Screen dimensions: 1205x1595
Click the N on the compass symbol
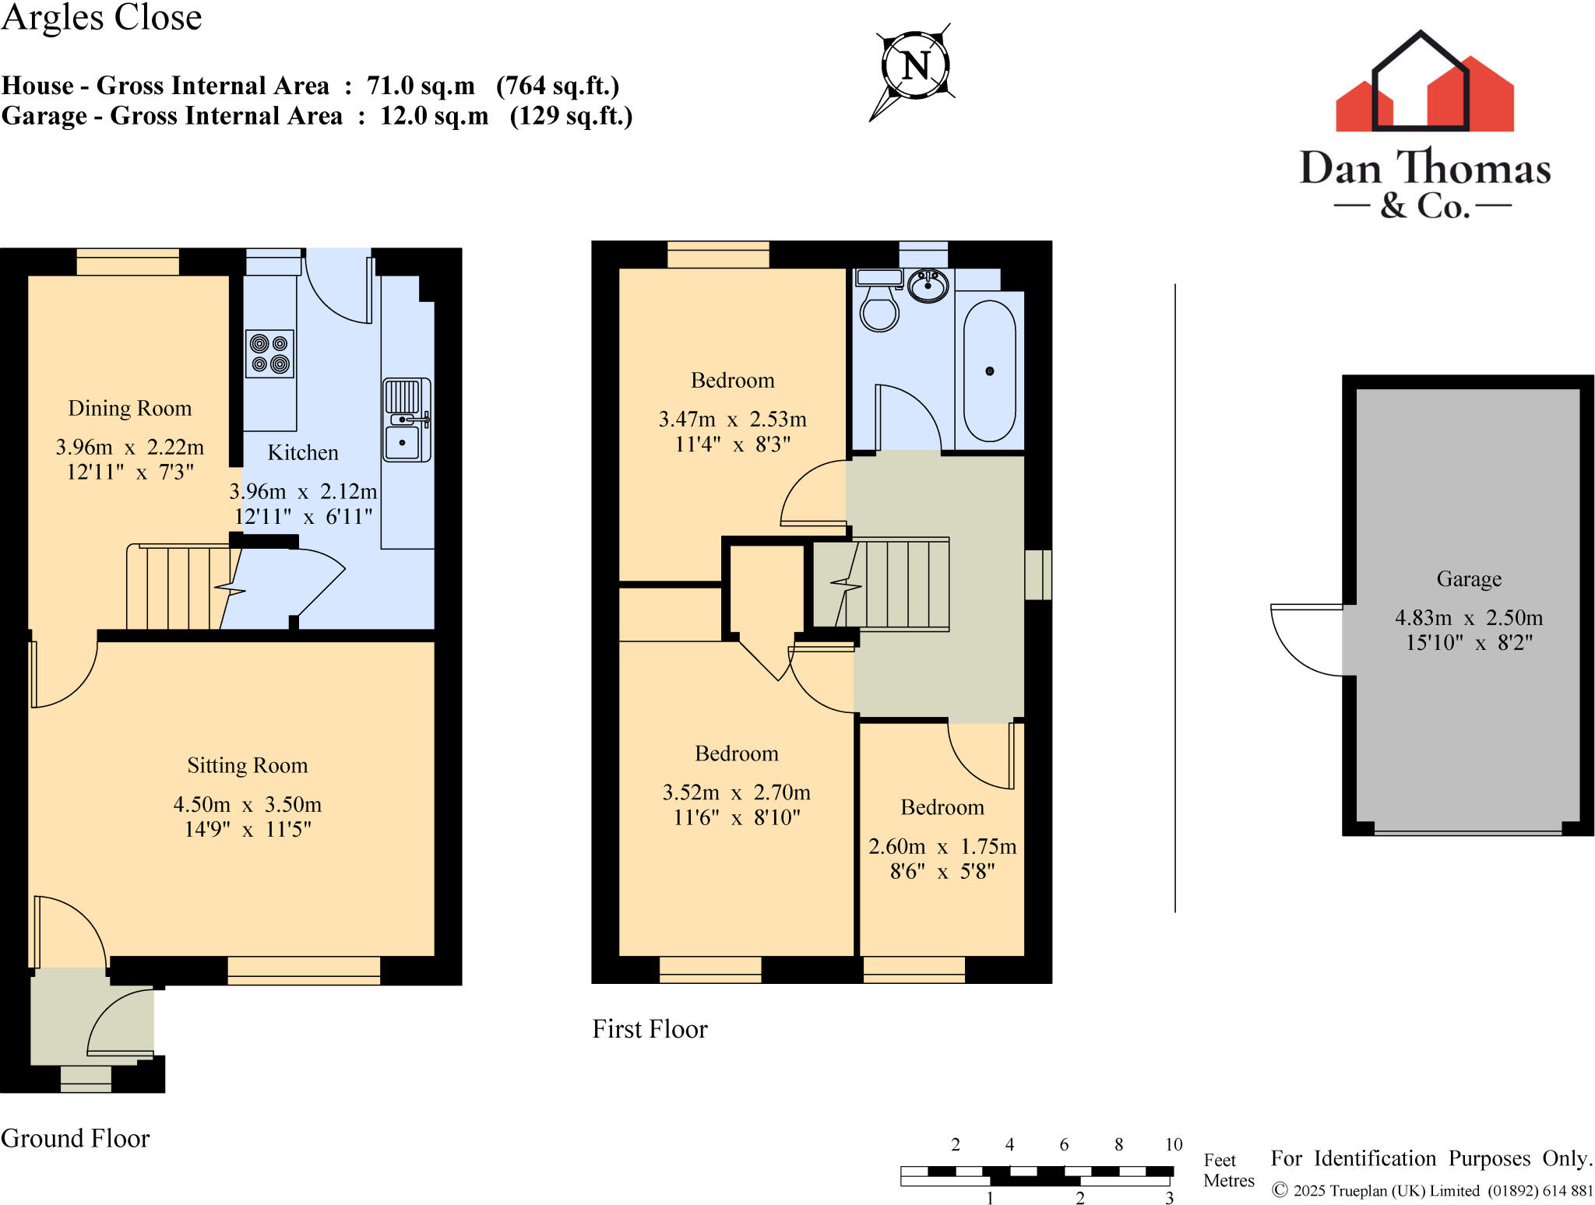point(916,65)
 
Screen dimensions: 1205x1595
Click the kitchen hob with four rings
point(270,354)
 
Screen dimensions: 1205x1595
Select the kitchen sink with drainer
point(406,420)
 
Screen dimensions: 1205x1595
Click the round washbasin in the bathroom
point(928,285)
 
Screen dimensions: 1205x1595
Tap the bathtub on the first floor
point(989,371)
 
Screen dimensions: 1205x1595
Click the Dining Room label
point(129,409)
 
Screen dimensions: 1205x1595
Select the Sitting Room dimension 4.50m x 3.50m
point(247,804)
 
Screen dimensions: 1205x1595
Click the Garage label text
point(1469,579)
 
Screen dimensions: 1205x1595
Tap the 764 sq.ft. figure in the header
point(558,86)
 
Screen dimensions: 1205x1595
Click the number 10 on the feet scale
point(1174,1144)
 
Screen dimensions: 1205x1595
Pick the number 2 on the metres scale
point(1079,1198)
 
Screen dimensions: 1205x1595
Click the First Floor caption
point(650,1029)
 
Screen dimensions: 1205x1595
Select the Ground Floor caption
point(75,1138)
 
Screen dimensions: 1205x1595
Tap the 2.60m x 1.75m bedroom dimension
point(942,846)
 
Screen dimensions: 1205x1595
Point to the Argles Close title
point(101,17)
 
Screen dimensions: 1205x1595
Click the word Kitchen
point(303,453)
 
